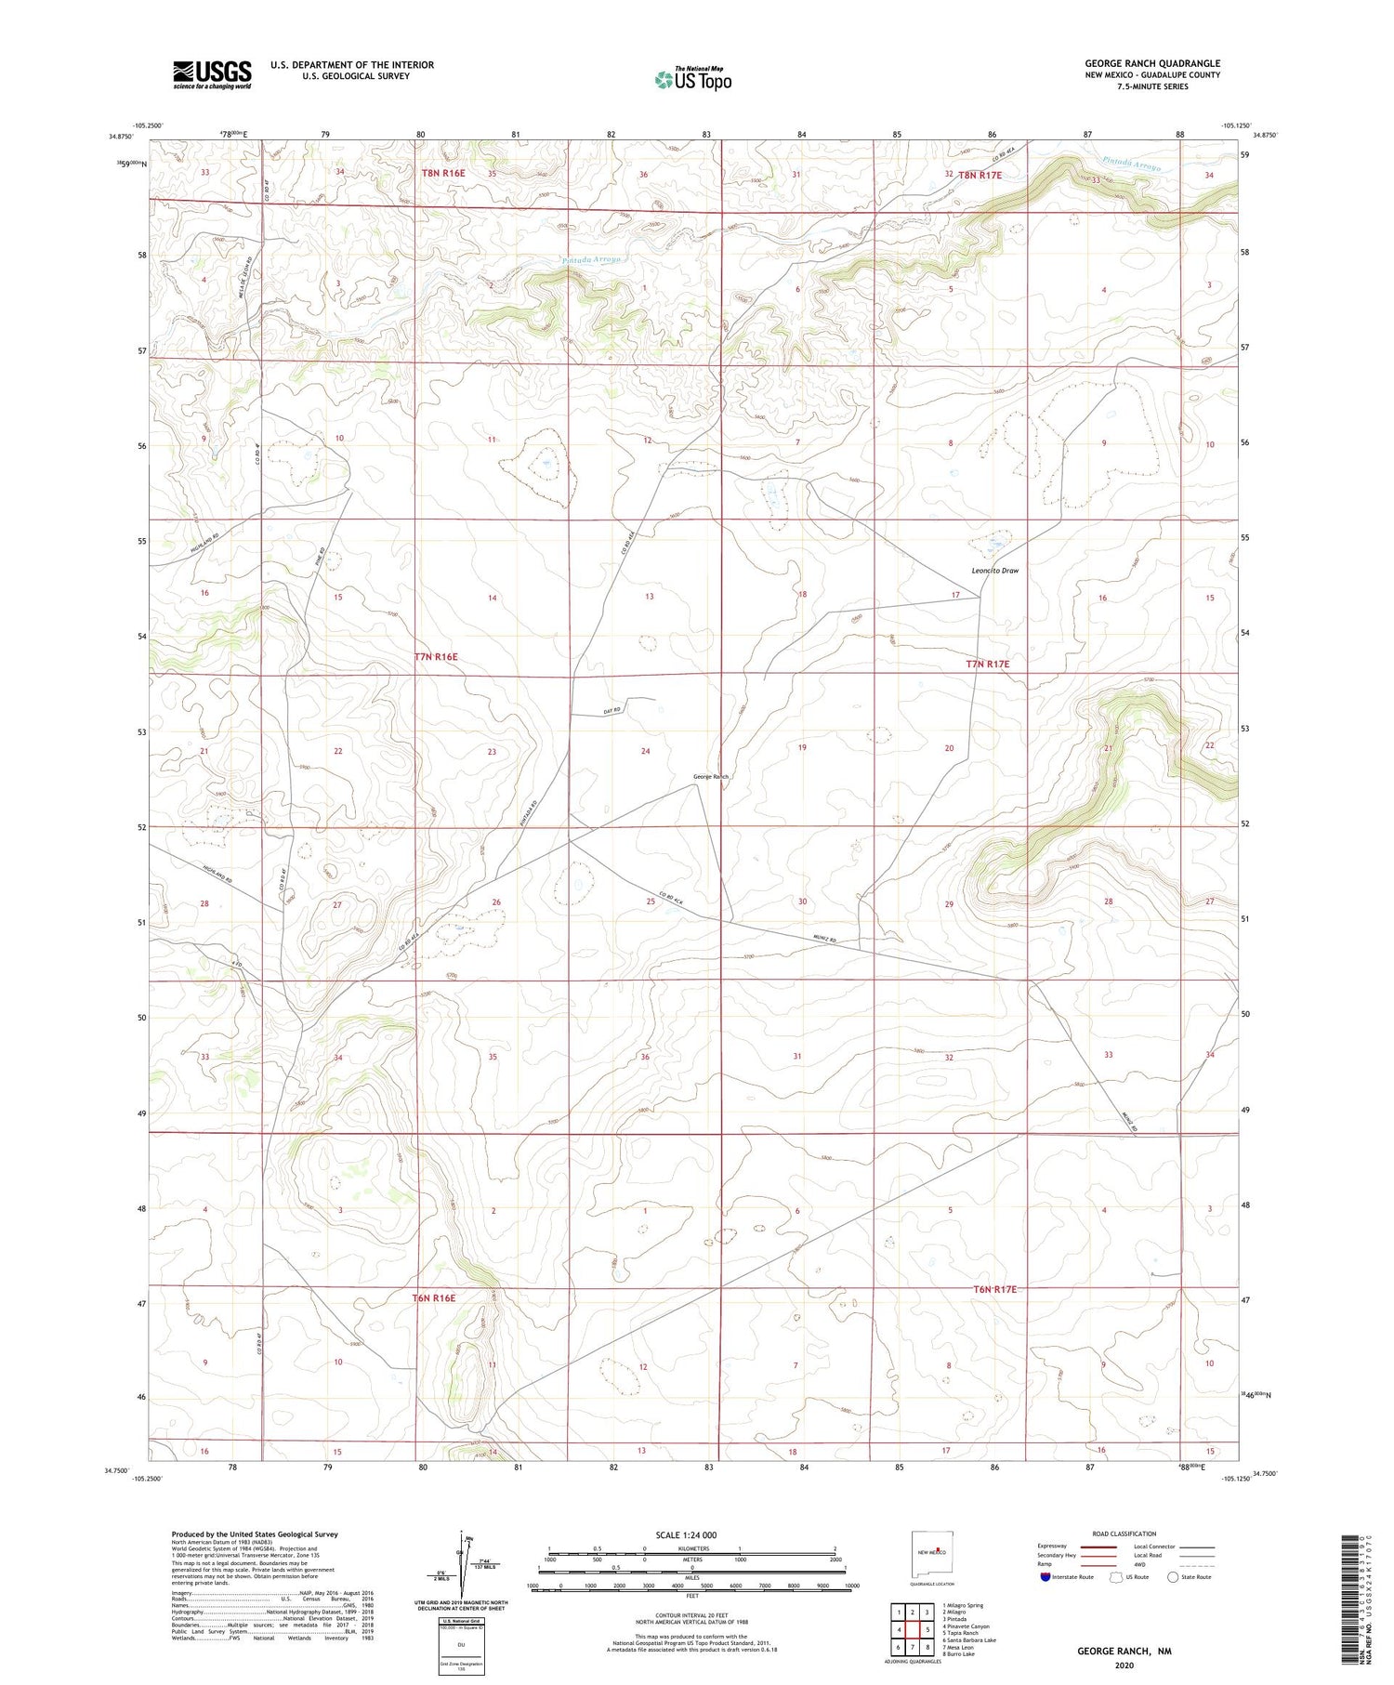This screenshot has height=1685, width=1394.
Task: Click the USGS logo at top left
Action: click(212, 74)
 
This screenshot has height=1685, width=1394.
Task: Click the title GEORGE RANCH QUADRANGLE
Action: click(1151, 63)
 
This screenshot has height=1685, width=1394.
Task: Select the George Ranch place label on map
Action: click(711, 776)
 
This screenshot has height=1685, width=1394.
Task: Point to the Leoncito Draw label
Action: click(994, 571)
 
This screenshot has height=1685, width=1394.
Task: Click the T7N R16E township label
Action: click(436, 657)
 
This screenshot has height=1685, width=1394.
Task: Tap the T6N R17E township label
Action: click(995, 1289)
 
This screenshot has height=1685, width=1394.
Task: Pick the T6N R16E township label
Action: click(433, 1297)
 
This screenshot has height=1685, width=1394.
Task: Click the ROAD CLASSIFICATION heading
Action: click(1124, 1534)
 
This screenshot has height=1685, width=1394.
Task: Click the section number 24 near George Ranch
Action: click(645, 751)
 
